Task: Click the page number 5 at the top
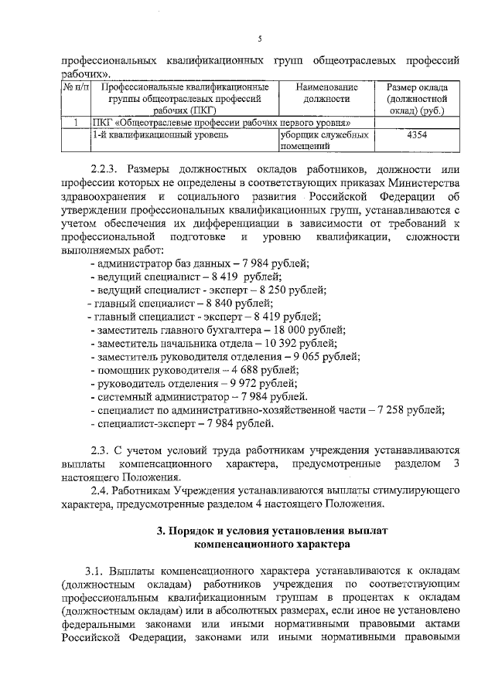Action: click(260, 39)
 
